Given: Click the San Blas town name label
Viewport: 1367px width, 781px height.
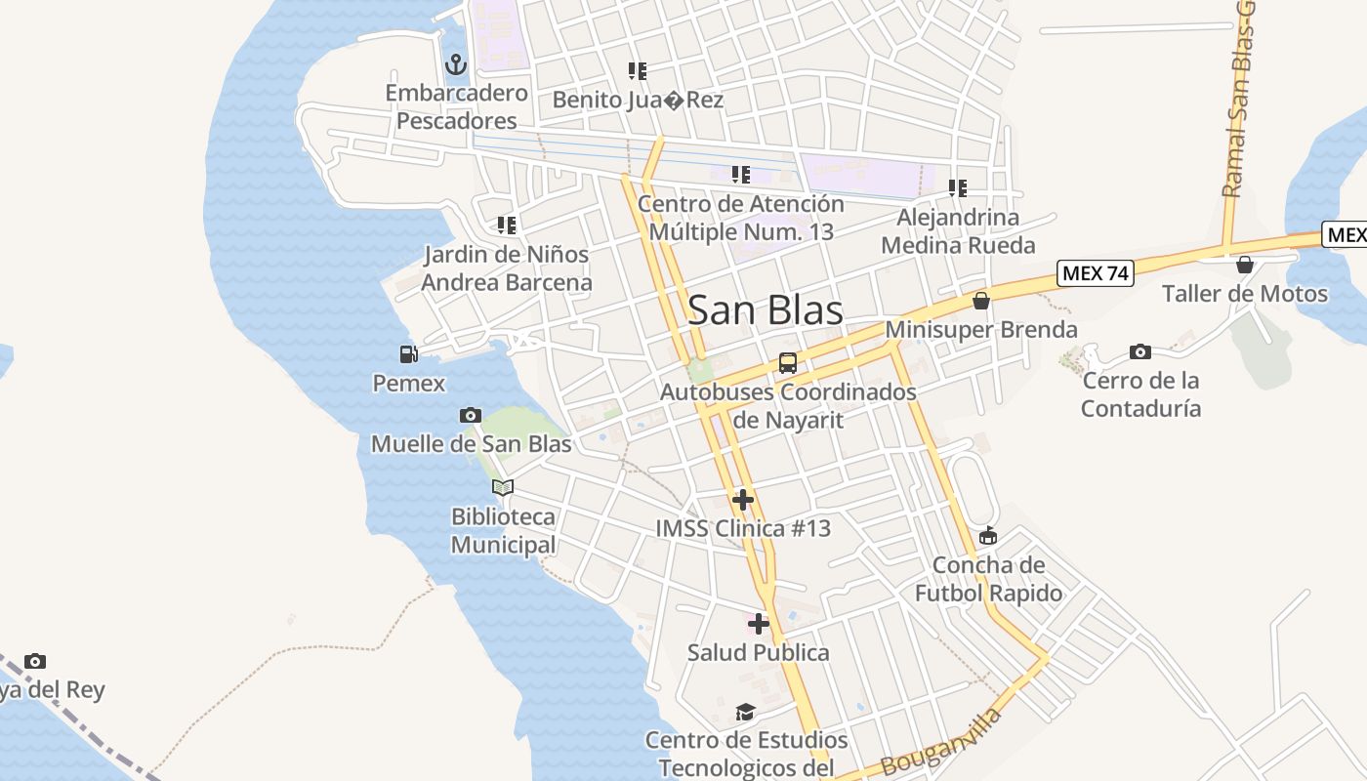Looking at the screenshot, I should click(766, 310).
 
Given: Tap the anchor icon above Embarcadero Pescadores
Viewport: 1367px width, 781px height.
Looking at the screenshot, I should click(455, 65).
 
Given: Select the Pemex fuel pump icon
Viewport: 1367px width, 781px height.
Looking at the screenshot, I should click(409, 354).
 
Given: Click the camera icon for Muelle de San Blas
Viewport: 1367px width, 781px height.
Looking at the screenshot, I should click(471, 416).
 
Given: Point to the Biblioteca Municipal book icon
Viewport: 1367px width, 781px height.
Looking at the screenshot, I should click(503, 487).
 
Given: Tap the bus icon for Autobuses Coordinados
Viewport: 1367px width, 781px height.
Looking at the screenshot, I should click(788, 363).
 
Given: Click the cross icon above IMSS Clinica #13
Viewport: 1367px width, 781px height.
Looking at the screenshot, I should click(743, 500).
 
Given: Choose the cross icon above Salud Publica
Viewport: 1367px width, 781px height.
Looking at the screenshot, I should click(759, 624).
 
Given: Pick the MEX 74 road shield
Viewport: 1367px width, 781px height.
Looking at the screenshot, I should click(1096, 273).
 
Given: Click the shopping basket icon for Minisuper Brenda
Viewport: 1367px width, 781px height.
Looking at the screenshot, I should click(981, 301).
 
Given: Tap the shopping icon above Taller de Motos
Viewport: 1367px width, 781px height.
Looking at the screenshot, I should click(1245, 265).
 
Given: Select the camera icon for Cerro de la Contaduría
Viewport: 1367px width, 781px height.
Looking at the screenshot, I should click(1139, 351).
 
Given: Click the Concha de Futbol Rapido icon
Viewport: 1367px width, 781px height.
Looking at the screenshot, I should click(988, 536).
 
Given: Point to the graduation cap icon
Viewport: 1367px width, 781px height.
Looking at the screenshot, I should click(746, 712).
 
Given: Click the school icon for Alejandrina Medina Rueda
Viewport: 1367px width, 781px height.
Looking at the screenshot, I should click(958, 188).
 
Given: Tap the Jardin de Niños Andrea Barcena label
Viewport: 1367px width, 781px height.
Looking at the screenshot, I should click(507, 268).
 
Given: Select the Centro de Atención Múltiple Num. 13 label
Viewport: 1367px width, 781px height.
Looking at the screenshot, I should click(741, 218).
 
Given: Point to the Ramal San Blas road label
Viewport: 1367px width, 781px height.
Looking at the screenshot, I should click(1239, 107).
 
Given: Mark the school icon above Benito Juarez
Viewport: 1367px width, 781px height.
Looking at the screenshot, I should click(638, 71).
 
